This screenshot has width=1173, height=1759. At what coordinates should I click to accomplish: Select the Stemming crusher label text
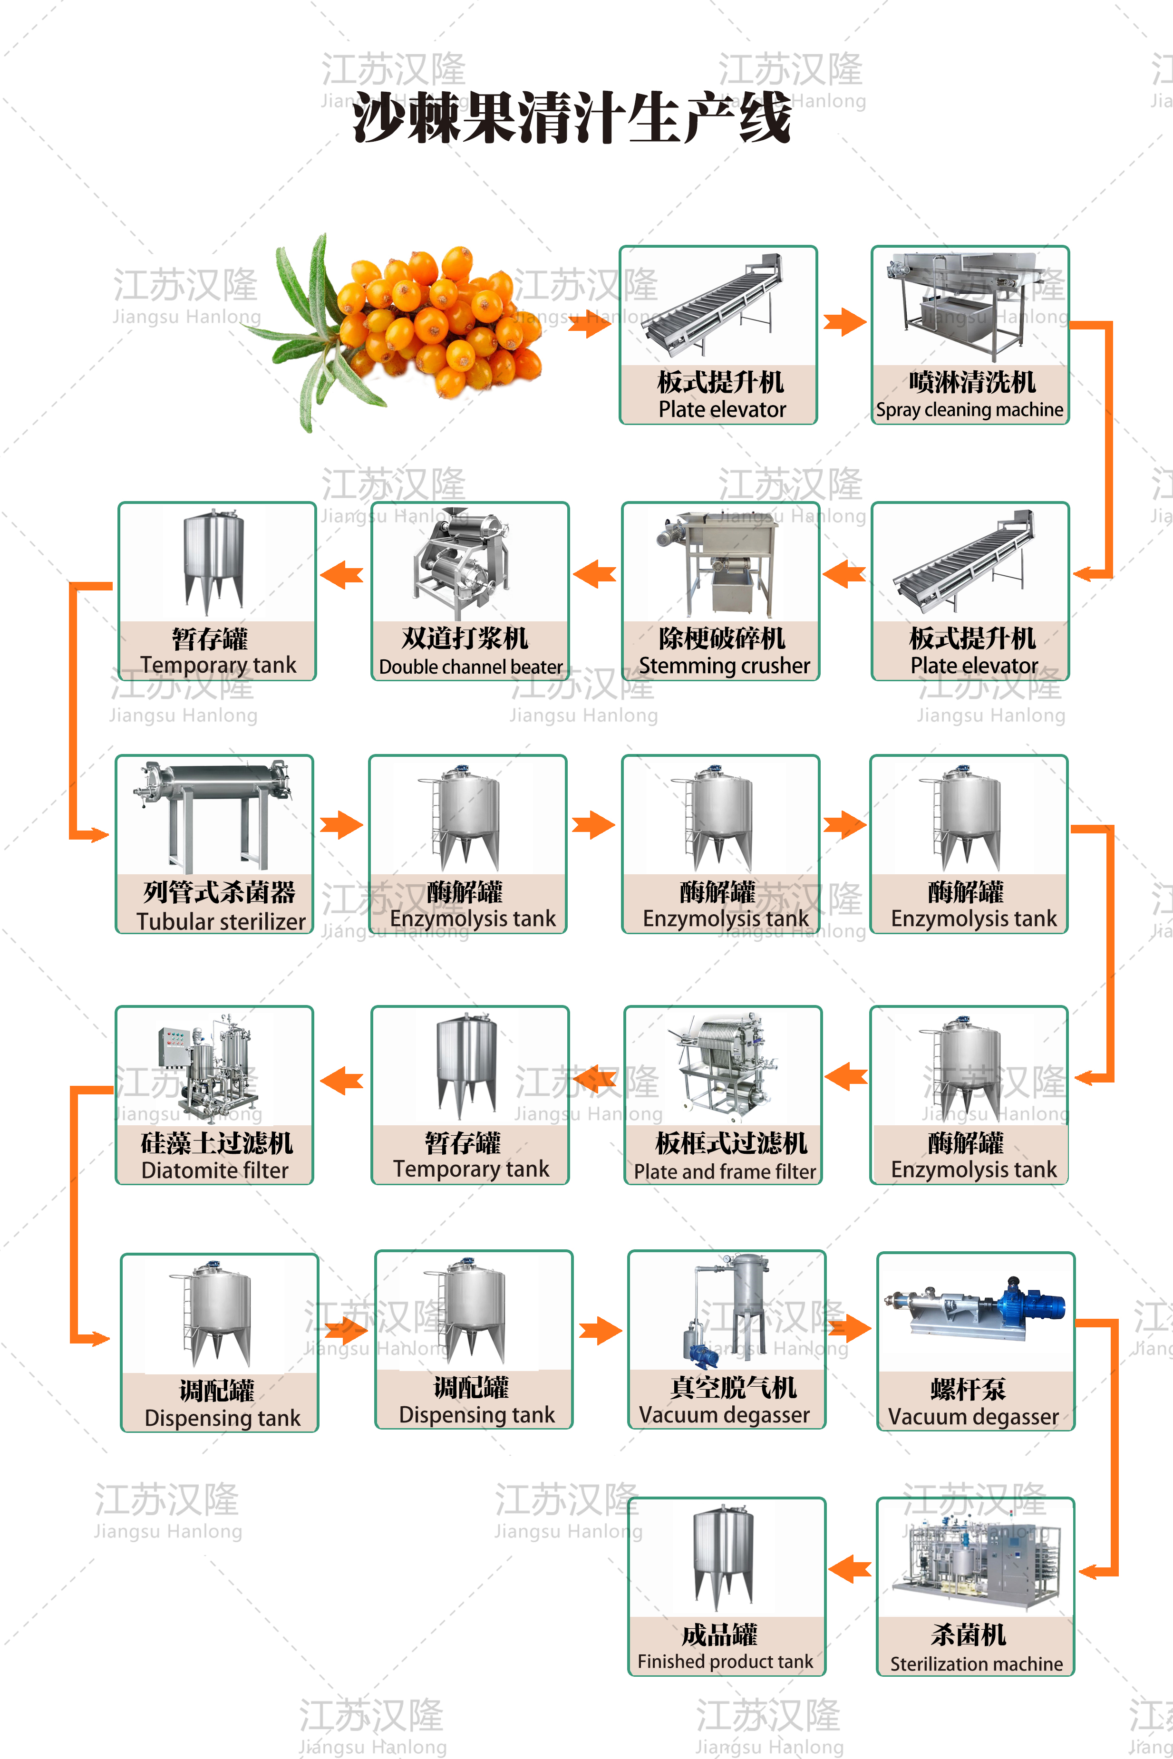point(723,666)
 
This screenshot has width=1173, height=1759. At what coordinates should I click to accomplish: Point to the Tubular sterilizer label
point(221,921)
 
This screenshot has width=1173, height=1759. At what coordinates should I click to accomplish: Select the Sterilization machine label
point(976,1664)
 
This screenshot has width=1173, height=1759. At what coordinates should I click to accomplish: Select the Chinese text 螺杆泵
point(968,1389)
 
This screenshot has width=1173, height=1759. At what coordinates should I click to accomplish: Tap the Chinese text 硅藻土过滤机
point(217,1143)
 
